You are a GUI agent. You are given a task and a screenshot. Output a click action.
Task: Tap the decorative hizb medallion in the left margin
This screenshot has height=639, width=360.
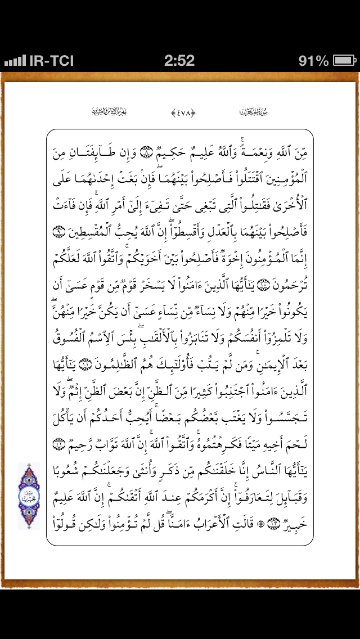click(x=29, y=496)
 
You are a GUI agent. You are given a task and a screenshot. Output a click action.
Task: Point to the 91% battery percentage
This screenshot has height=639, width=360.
click(x=313, y=60)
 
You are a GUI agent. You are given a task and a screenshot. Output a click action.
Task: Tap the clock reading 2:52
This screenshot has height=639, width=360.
click(x=179, y=60)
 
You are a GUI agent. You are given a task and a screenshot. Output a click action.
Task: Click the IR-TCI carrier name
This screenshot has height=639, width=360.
click(x=51, y=60)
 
